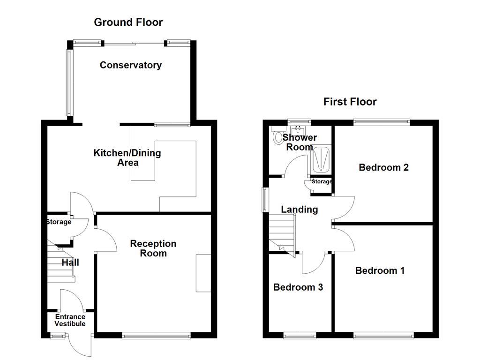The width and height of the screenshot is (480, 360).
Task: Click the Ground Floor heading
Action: [128, 22]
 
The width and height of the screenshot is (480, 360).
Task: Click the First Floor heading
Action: [350, 102]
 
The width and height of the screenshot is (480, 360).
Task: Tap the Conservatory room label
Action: [130, 65]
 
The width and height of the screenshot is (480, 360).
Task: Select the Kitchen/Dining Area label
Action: [127, 157]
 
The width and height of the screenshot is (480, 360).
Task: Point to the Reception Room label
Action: [153, 248]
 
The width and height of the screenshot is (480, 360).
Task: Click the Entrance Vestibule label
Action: [70, 320]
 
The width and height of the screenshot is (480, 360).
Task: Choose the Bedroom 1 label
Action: [380, 270]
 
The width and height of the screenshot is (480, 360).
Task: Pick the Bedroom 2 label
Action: [383, 167]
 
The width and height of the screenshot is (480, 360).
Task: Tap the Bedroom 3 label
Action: [298, 287]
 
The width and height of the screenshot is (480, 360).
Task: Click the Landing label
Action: [299, 210]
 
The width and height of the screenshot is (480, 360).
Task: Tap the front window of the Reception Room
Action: [156, 335]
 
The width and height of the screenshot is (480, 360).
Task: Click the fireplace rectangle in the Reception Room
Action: [203, 273]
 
